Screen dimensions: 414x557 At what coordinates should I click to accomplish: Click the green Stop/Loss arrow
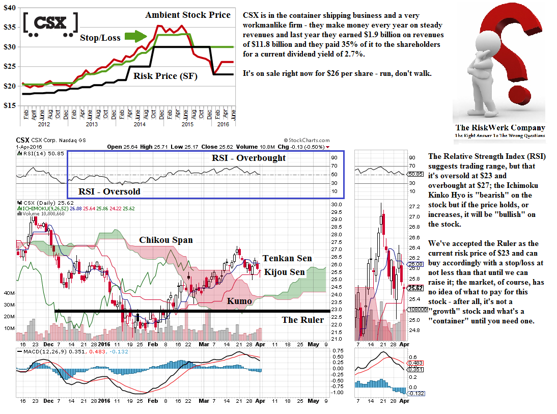135,37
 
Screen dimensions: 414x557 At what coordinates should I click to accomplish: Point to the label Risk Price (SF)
165,76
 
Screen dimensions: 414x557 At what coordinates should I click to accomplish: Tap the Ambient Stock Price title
188,15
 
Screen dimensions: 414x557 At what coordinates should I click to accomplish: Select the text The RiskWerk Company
500,128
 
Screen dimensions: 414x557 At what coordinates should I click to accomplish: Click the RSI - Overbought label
249,158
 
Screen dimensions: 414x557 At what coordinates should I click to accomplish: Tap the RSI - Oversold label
109,191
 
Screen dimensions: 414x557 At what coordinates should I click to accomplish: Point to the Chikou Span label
166,240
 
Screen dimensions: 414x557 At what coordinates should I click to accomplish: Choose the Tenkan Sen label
287,258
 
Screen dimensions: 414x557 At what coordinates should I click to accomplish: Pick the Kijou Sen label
285,272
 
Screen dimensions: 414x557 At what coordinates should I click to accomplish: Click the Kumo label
239,301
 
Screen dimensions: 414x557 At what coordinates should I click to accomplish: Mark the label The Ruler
303,320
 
